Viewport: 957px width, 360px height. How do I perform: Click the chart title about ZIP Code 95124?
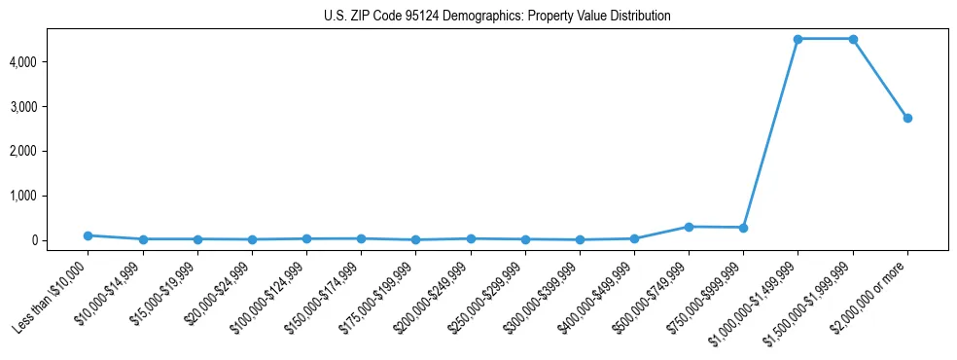[x=497, y=17]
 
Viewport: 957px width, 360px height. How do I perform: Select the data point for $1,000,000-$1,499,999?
[x=797, y=39]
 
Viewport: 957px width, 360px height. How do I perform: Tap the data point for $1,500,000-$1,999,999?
[x=853, y=39]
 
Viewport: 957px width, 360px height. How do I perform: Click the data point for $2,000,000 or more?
[x=907, y=118]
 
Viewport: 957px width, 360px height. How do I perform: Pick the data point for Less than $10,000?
[x=89, y=235]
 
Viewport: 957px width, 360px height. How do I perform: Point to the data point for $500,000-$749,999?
[x=689, y=227]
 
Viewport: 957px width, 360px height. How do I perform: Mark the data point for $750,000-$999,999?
[x=743, y=228]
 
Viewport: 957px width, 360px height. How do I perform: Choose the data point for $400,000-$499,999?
[x=634, y=238]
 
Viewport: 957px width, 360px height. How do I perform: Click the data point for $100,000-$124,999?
[x=306, y=238]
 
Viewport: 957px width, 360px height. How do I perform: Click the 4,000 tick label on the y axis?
[x=49, y=62]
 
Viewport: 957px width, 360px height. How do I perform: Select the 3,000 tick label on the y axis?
[x=49, y=107]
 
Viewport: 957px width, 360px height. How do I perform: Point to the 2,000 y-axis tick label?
[x=49, y=152]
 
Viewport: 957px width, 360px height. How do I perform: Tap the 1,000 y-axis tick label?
[x=49, y=196]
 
